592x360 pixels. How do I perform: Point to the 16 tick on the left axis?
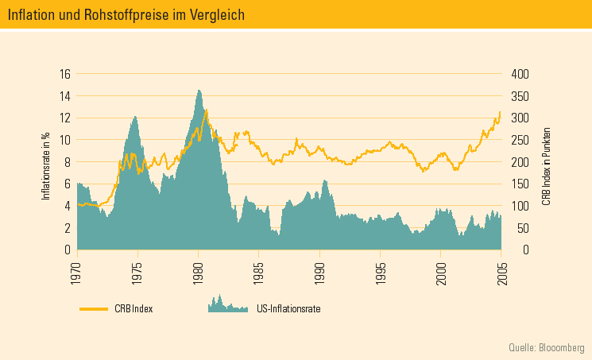pos(65,74)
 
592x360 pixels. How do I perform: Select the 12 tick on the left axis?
pos(65,118)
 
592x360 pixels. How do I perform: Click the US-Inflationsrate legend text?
pos(288,308)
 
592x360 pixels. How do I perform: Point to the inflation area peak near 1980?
pos(199,91)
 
